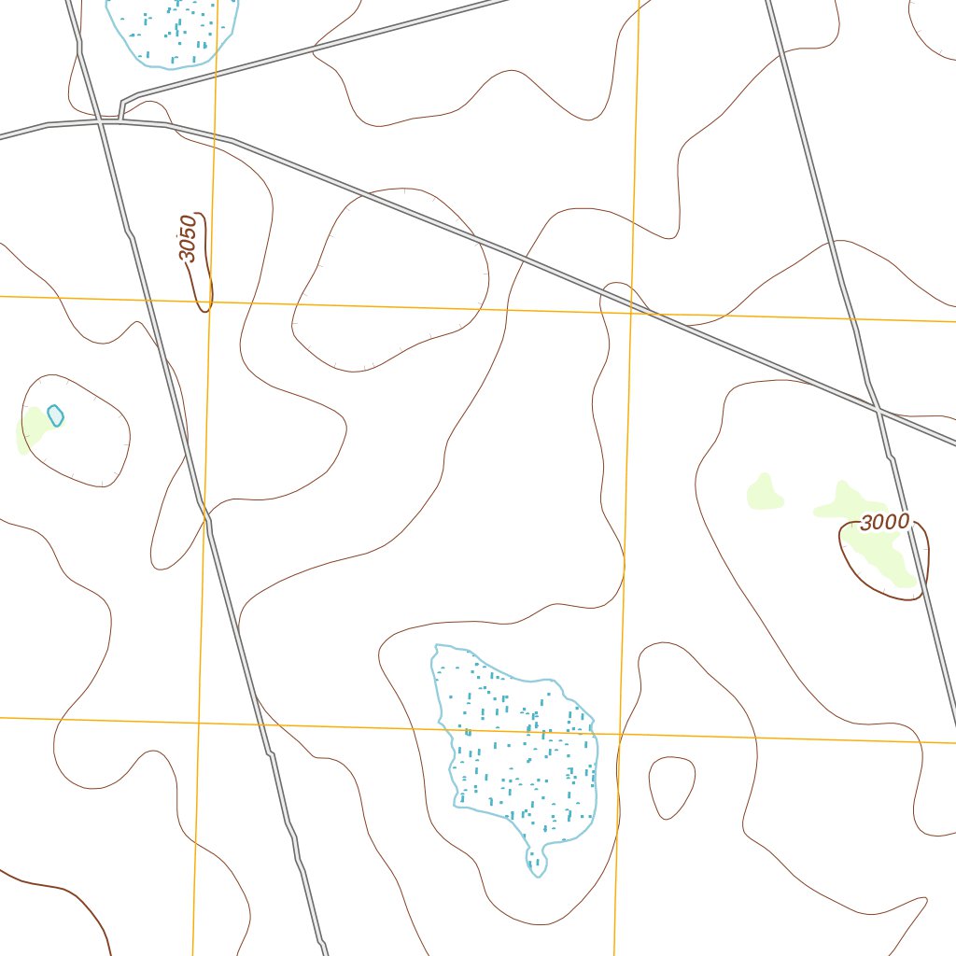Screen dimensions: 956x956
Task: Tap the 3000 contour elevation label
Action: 883,522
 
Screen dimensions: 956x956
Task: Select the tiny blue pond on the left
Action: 55,415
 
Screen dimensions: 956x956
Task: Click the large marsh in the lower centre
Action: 519,747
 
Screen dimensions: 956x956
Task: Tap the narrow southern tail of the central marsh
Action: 536,862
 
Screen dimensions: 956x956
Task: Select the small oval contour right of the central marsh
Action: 671,787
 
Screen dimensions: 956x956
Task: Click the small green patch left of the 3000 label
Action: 764,492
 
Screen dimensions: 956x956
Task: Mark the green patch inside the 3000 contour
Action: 882,555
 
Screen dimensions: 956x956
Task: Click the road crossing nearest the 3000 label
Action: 878,408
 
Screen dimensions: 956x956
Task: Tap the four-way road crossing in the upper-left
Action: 100,120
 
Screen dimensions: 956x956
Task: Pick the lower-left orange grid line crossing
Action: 198,722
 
